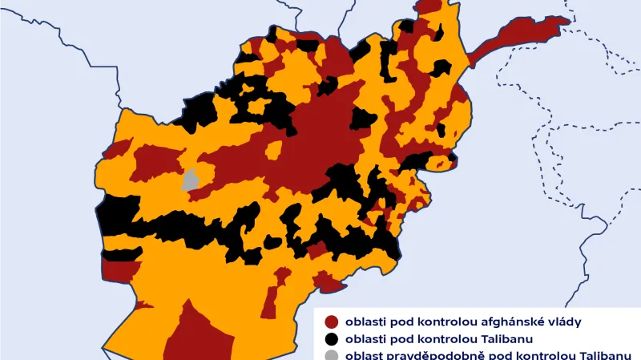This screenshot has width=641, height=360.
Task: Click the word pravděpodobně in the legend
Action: click(x=424, y=356)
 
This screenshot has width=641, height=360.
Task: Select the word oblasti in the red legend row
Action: click(x=361, y=322)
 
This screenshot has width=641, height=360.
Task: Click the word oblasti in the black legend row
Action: click(x=361, y=339)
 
